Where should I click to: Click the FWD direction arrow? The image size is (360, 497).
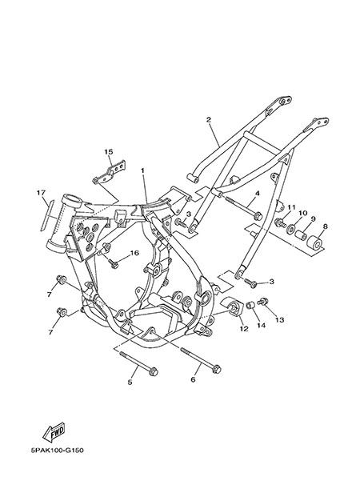(54, 432)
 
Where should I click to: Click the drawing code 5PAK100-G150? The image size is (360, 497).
(58, 451)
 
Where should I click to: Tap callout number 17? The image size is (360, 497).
(41, 192)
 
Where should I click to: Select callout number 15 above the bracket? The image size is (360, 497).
(108, 152)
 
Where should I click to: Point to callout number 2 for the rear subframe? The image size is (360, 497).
(209, 119)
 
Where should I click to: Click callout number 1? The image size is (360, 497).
(142, 170)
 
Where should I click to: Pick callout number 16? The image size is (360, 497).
(134, 253)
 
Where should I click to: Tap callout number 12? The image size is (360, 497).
(244, 329)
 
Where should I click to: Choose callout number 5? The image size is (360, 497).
(130, 383)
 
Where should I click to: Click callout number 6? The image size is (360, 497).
(193, 379)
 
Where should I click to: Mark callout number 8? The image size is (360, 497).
(325, 226)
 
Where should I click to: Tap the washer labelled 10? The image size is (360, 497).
(291, 229)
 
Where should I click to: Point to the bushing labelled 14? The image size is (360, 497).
(251, 306)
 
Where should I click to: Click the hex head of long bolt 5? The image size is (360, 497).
(154, 371)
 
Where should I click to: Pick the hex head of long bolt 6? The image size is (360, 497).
(217, 369)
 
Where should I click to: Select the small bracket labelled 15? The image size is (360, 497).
(109, 173)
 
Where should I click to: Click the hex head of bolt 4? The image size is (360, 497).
(258, 216)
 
